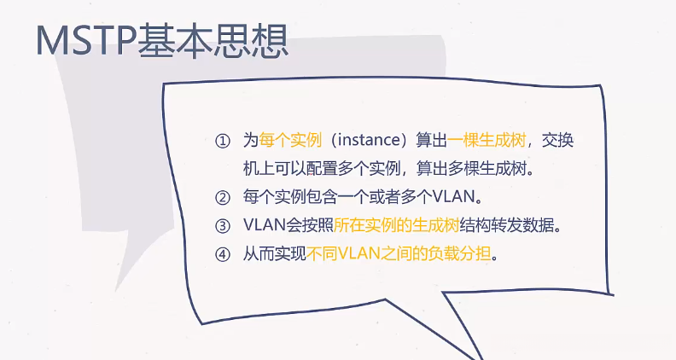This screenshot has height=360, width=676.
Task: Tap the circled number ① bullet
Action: click(223, 140)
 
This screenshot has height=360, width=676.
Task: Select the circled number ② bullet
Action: click(223, 197)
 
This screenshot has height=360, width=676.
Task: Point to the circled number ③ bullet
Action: click(223, 225)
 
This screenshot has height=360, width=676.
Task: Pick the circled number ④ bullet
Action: click(223, 253)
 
